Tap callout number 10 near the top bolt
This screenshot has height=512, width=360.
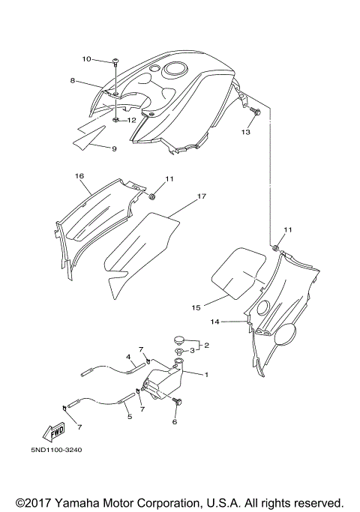click(x=86, y=59)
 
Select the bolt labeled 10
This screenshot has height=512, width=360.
click(x=115, y=61)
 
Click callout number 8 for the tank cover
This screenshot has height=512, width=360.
click(x=73, y=80)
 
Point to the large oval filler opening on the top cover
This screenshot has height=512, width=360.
click(x=175, y=69)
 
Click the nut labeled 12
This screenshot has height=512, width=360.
click(x=116, y=121)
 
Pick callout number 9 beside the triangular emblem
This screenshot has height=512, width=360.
click(x=114, y=149)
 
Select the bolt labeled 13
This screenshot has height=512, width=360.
click(x=256, y=112)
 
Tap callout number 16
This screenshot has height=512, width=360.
click(x=79, y=176)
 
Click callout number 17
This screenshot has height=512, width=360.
click(x=202, y=196)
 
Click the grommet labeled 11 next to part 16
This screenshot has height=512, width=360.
click(x=151, y=197)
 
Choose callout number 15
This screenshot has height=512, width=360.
click(x=196, y=307)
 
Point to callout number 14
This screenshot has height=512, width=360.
click(x=214, y=322)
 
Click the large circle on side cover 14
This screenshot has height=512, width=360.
click(x=285, y=334)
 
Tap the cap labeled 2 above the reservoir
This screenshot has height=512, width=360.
click(x=178, y=340)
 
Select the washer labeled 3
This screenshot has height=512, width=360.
click(x=179, y=352)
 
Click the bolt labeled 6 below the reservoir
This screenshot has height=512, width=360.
click(x=178, y=402)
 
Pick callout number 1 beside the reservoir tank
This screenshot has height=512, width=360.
click(x=206, y=375)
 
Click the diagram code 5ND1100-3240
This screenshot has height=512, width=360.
click(x=57, y=450)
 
